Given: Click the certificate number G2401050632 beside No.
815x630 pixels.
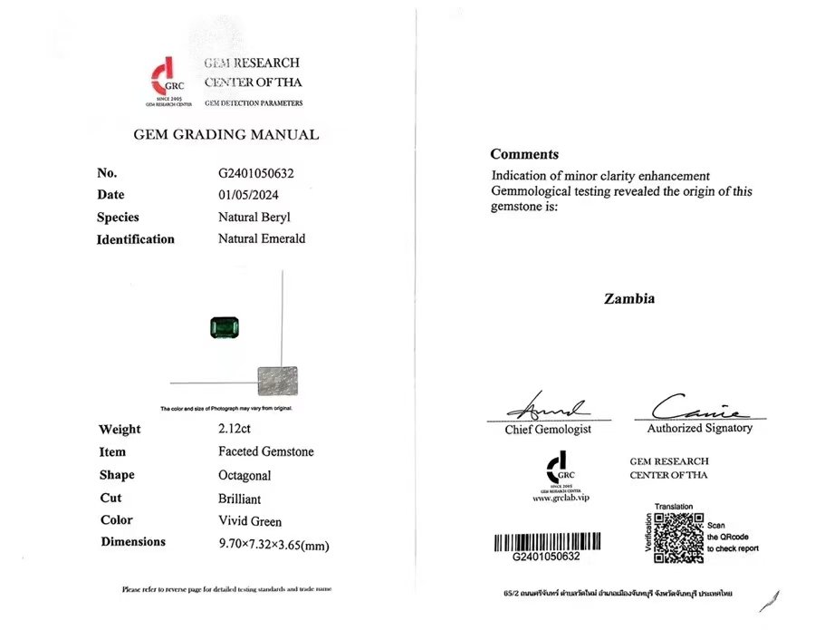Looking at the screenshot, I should tap(256, 172).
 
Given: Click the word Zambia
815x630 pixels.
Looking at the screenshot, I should tap(629, 298).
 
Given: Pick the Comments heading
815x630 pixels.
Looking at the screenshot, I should tap(524, 154).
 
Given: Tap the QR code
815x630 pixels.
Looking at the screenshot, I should tap(678, 538).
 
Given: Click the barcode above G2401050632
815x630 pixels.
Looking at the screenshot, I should tap(548, 542).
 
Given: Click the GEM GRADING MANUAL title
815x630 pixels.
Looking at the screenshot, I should tap(225, 134).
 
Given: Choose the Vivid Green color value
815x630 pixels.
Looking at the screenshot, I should tap(250, 521).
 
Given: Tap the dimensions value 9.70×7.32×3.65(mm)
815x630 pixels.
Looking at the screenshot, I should tap(273, 544).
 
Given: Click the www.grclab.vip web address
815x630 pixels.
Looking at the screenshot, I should tap(561, 498).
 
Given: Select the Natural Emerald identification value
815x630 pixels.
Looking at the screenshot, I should tap(262, 239).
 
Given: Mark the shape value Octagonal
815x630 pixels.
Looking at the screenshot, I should tap(244, 475).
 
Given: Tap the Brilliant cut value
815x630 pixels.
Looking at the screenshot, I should tap(240, 499).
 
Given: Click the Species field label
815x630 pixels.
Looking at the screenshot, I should tap(119, 218).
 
